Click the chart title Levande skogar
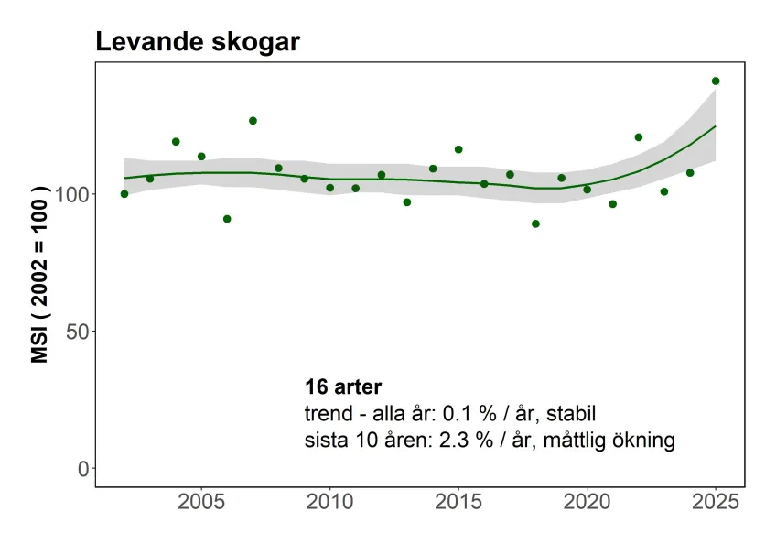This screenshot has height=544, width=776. (197, 42)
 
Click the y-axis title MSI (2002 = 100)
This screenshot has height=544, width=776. (40, 276)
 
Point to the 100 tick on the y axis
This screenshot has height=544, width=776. (73, 194)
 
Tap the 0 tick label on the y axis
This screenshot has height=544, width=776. (83, 468)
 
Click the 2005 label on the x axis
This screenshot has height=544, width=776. (201, 504)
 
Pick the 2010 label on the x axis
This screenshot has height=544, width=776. (329, 504)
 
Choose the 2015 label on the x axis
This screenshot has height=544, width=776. (458, 504)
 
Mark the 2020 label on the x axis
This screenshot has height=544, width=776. (587, 504)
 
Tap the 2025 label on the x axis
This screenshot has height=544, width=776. (715, 504)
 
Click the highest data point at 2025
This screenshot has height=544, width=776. (716, 82)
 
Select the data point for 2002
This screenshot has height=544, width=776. (124, 194)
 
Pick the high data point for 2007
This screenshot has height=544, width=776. (253, 121)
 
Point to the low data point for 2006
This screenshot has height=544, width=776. (227, 219)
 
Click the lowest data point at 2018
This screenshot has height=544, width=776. (535, 223)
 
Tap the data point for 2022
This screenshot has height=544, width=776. (639, 137)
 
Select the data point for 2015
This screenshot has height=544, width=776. (458, 149)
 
